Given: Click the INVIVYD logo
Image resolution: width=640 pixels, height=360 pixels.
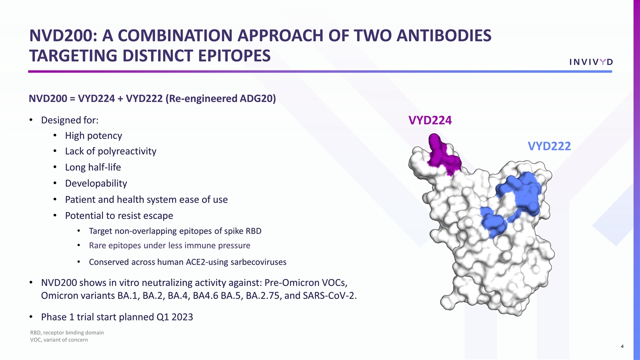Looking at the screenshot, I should (591, 61).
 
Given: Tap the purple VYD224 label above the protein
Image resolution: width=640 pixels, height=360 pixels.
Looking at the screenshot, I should (430, 120).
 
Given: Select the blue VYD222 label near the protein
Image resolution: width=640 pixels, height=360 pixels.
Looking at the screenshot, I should (549, 146).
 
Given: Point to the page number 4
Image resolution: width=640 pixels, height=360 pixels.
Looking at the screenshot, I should (621, 346).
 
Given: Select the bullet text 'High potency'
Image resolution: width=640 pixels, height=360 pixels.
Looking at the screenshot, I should (93, 135).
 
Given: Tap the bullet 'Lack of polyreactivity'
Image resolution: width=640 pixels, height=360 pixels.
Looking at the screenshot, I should (110, 151).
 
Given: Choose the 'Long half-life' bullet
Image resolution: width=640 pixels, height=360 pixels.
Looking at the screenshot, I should (92, 167).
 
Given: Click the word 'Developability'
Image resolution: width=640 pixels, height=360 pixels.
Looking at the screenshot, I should (95, 183).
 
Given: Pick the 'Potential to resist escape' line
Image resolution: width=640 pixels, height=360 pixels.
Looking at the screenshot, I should (119, 215).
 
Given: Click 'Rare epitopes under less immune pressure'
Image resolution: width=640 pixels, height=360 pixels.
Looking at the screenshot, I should (169, 245).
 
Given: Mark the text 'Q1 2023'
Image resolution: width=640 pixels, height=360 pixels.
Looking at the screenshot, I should (175, 317).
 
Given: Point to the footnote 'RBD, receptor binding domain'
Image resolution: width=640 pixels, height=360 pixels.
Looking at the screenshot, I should (67, 332).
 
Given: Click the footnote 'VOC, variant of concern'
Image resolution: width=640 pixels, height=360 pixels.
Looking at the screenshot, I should (59, 340).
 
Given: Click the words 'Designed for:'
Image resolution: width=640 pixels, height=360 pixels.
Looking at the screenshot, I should (70, 120).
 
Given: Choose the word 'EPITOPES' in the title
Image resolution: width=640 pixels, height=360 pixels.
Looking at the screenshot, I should (233, 55).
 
